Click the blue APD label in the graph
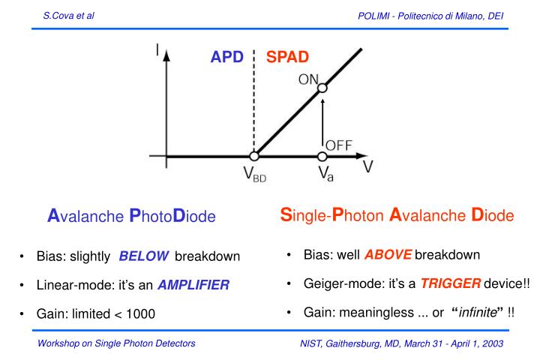click(x=226, y=58)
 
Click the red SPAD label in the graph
click(x=288, y=58)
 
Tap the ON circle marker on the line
click(x=322, y=88)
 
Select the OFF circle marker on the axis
click(x=322, y=157)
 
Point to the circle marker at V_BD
click(x=254, y=157)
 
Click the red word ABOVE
click(x=388, y=254)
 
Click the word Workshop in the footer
click(x=62, y=343)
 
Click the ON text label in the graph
click(x=307, y=78)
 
